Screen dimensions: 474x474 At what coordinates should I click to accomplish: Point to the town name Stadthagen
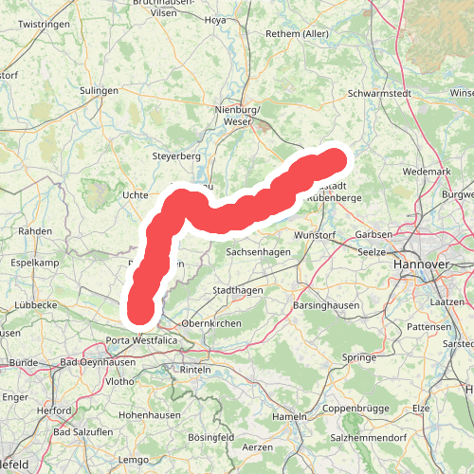click(x=237, y=289)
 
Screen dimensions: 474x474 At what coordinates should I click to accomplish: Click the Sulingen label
click(x=99, y=91)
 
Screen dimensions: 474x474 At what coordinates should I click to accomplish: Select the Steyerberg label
click(x=176, y=155)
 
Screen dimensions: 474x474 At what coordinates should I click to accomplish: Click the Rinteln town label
click(x=194, y=369)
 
